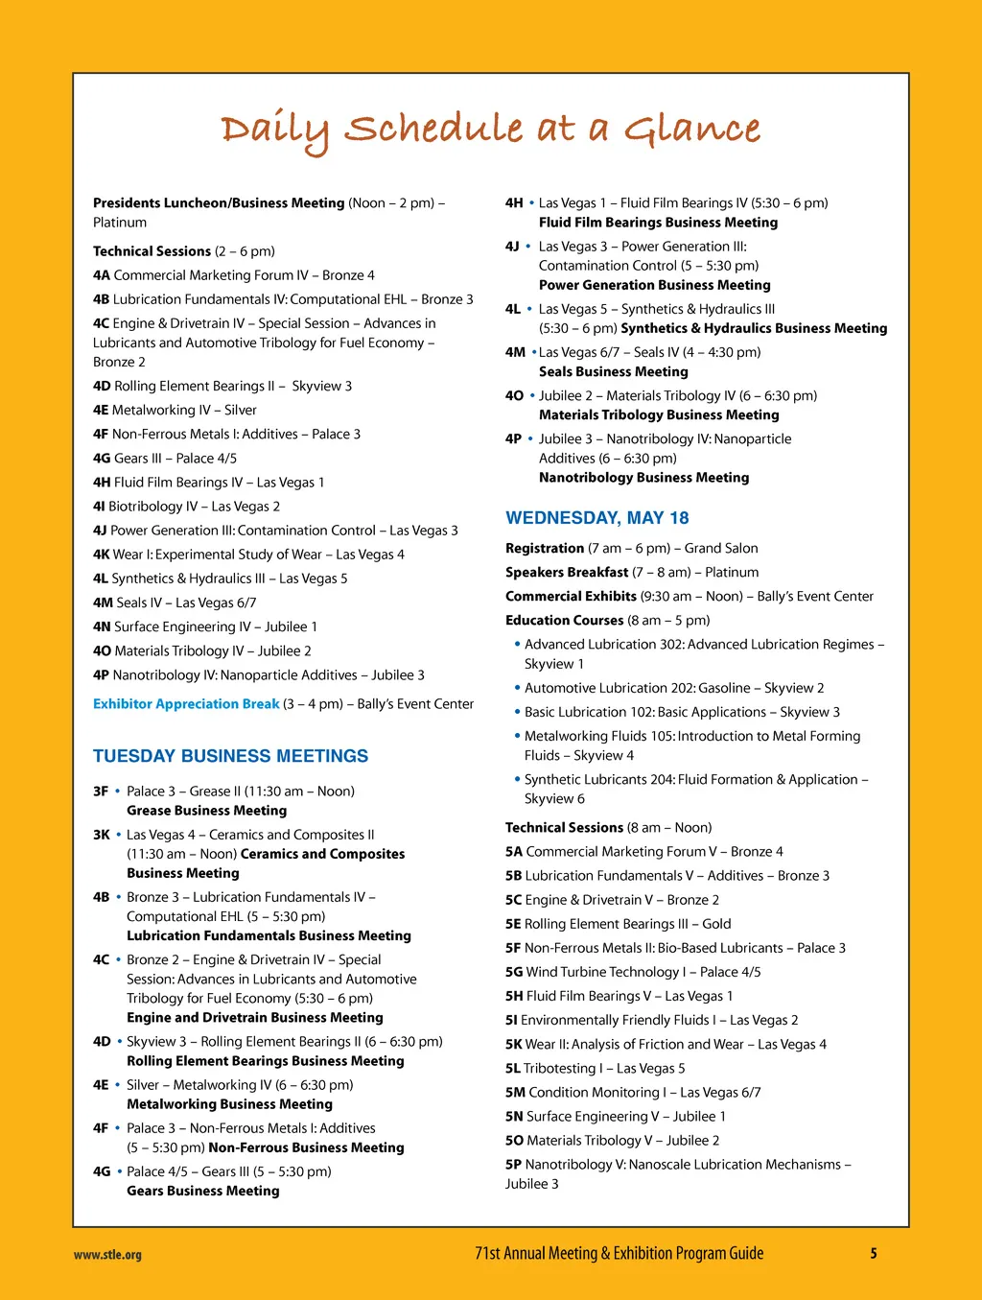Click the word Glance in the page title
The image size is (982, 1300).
pyautogui.click(x=692, y=130)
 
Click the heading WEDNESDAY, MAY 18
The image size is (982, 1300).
pyautogui.click(x=596, y=518)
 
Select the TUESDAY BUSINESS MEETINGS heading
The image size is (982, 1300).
pyautogui.click(x=230, y=756)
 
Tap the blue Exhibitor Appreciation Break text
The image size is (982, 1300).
pyautogui.click(x=186, y=704)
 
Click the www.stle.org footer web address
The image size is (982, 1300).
pyautogui.click(x=107, y=1254)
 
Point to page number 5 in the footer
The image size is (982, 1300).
pyautogui.click(x=874, y=1253)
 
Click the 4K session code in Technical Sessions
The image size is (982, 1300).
pyautogui.click(x=101, y=555)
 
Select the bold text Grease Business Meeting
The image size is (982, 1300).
pyautogui.click(x=206, y=811)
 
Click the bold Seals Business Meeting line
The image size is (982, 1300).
pyautogui.click(x=613, y=372)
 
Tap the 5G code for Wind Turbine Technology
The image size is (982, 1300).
pyautogui.click(x=514, y=972)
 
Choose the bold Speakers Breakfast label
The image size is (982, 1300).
pyautogui.click(x=567, y=573)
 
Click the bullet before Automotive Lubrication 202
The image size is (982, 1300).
pyautogui.click(x=518, y=687)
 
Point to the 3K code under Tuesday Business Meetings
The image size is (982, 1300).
pyautogui.click(x=101, y=835)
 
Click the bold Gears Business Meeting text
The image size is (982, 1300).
pyautogui.click(x=203, y=1191)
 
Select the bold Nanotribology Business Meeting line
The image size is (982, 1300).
pyautogui.click(x=643, y=478)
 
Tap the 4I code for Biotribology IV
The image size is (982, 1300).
pyautogui.click(x=99, y=507)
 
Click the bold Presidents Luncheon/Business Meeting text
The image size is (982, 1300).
pyautogui.click(x=219, y=203)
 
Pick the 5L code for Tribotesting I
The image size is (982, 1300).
pyautogui.click(x=513, y=1069)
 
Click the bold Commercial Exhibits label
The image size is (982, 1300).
pyautogui.click(x=571, y=597)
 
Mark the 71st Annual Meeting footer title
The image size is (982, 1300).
pyautogui.click(x=619, y=1253)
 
